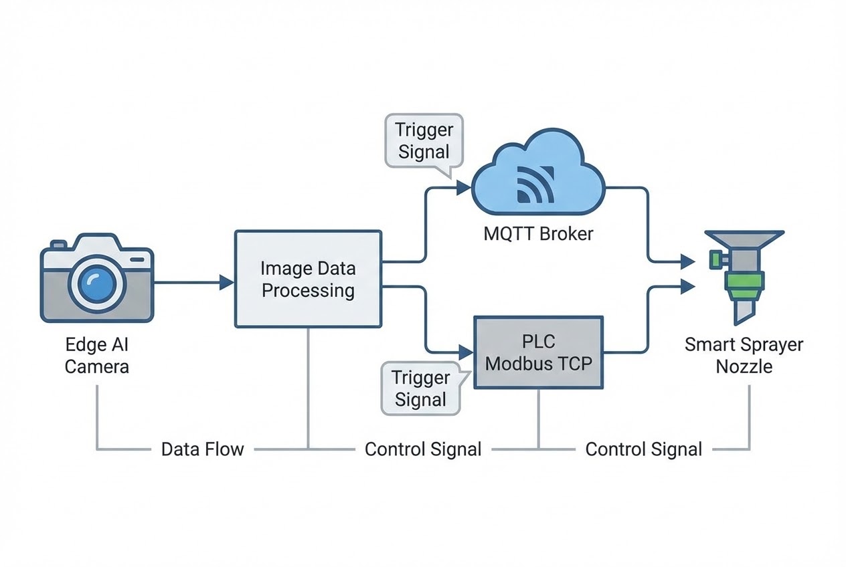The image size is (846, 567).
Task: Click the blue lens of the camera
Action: click(97, 282)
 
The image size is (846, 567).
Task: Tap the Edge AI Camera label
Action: click(96, 356)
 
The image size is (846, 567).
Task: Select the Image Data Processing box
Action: click(308, 279)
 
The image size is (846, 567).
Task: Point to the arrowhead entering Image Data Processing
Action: click(226, 283)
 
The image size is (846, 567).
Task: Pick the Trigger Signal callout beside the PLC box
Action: click(420, 388)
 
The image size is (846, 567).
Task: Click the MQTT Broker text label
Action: click(537, 235)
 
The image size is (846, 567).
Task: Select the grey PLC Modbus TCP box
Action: click(538, 352)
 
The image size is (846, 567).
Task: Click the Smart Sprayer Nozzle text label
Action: click(744, 356)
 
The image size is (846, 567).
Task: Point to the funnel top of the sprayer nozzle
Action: click(744, 239)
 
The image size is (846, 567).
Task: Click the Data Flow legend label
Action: click(202, 449)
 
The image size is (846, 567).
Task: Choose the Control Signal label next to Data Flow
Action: click(422, 449)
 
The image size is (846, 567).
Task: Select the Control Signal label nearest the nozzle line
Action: click(643, 449)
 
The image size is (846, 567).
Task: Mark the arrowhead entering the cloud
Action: click(463, 189)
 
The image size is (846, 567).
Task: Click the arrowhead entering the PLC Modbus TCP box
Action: click(466, 350)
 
